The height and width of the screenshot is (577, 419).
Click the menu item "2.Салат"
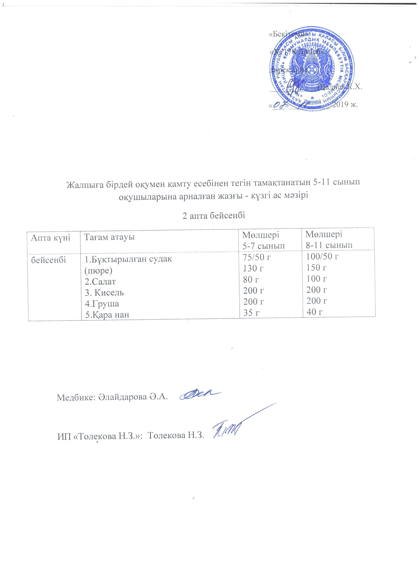[100, 281]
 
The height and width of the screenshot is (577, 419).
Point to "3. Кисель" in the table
[105, 293]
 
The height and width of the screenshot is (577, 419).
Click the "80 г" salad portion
[251, 280]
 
